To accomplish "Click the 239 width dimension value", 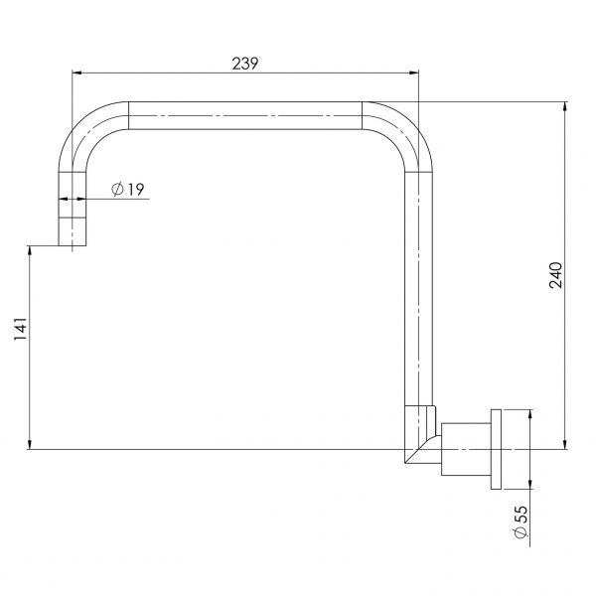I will coord(245,63).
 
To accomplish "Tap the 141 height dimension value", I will coord(21,331).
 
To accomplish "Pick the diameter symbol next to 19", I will coord(118,189).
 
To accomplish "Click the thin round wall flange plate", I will coord(500,449).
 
